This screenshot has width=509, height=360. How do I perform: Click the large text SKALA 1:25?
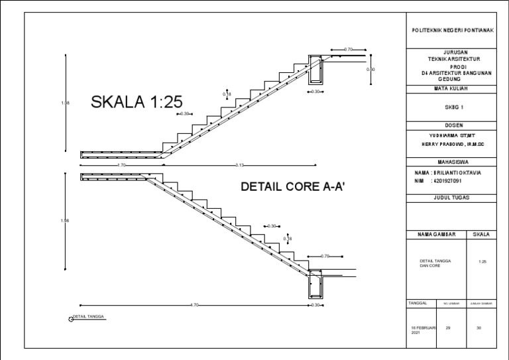click(x=137, y=102)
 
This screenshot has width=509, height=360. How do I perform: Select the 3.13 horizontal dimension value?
click(x=240, y=165)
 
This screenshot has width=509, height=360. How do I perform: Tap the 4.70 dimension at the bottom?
click(x=194, y=305)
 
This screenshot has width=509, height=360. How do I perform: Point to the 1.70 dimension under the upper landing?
click(x=121, y=165)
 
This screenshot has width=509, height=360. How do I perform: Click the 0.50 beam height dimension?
click(x=370, y=70)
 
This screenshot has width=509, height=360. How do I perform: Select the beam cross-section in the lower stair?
click(x=314, y=285)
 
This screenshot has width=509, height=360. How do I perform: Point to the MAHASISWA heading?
click(x=451, y=162)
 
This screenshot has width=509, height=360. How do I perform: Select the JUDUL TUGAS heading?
click(x=451, y=198)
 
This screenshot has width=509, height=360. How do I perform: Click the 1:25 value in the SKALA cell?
click(x=482, y=263)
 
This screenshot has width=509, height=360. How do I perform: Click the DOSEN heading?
click(x=451, y=125)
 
